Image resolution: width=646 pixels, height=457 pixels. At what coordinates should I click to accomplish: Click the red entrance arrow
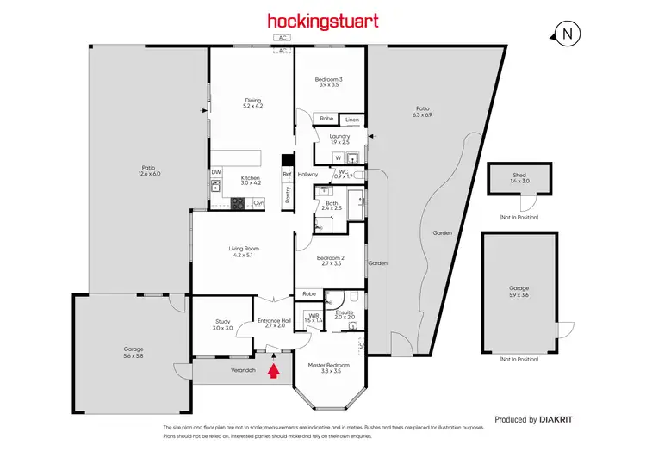[x=274, y=371]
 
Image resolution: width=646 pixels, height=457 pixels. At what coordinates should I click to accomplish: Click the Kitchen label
[x=251, y=179]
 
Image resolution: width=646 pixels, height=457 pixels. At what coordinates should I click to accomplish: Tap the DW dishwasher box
[x=216, y=171]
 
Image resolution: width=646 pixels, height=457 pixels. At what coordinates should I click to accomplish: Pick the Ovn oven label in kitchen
[x=258, y=202]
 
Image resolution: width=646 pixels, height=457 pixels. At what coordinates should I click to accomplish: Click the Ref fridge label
[x=287, y=174]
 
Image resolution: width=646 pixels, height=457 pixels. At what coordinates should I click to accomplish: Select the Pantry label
[x=288, y=195]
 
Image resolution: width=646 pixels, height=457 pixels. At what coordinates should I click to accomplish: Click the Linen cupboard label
[x=352, y=120]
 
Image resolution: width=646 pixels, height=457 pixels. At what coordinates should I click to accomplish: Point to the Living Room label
[x=245, y=251]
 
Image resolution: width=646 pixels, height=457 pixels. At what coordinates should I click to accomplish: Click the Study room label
[x=222, y=324]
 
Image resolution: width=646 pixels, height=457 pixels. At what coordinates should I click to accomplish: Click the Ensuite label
[x=345, y=314]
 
